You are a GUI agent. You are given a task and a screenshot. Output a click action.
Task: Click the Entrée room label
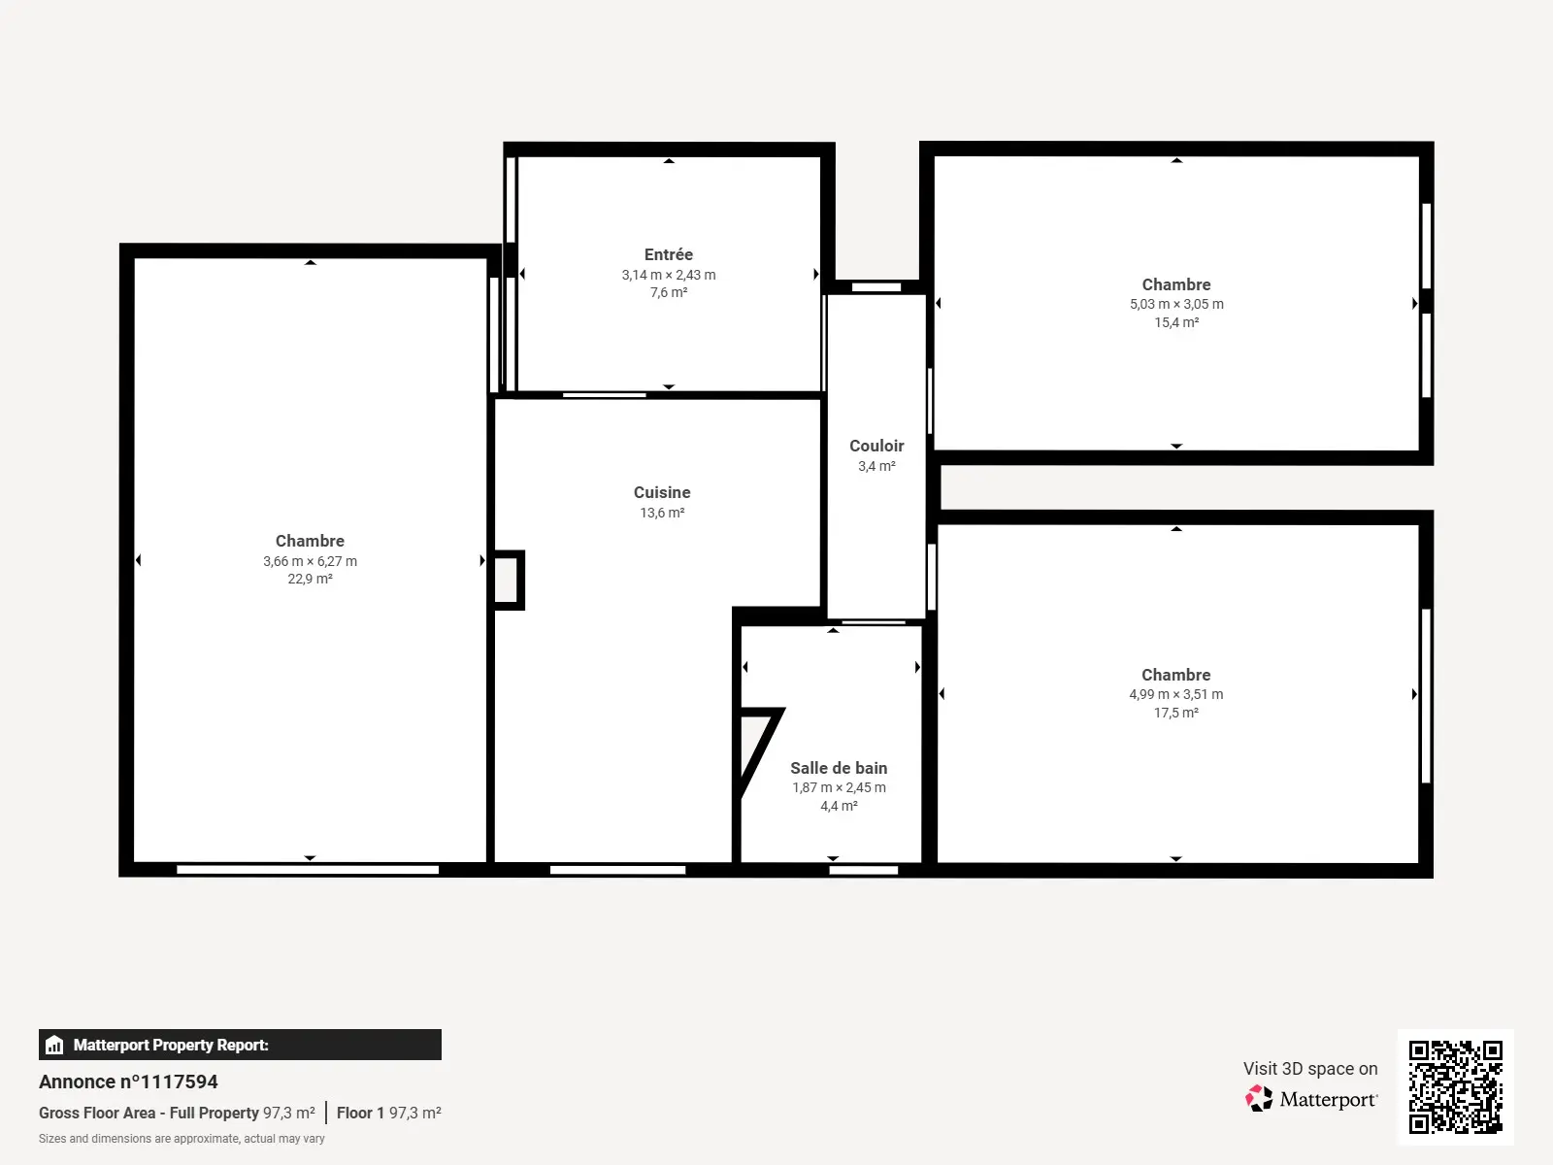tap(668, 254)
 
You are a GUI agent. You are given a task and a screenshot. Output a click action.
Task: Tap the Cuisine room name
tap(662, 492)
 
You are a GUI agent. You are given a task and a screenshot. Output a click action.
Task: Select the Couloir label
tap(876, 446)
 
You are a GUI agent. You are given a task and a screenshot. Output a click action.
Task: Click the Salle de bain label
tap(839, 768)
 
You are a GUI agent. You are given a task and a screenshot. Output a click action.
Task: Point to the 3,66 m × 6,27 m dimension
tap(310, 561)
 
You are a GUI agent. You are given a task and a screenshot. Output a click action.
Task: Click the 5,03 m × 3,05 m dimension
tap(1175, 304)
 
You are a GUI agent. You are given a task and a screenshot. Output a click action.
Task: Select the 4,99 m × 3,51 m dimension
tap(1175, 694)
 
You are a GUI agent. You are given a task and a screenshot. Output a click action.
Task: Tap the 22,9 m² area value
tap(310, 579)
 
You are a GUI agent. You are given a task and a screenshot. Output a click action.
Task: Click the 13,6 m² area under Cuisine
tap(662, 513)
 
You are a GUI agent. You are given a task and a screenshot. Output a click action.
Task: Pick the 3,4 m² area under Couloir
tap(876, 466)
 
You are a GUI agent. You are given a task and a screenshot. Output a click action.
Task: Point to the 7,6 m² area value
tap(668, 292)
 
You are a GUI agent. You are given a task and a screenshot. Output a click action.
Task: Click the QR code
tap(1455, 1086)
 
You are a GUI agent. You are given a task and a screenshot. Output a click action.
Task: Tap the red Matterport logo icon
tap(1259, 1099)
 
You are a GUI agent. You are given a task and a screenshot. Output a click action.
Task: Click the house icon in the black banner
tap(54, 1045)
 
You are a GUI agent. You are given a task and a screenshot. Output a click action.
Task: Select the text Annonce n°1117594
tap(128, 1082)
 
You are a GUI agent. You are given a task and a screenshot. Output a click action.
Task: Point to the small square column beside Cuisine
tap(509, 580)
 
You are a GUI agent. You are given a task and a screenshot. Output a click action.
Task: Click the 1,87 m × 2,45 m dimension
tap(839, 788)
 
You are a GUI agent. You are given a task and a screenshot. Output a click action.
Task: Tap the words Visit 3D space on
tap(1310, 1068)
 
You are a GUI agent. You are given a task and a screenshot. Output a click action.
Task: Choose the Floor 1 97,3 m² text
tap(388, 1113)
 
